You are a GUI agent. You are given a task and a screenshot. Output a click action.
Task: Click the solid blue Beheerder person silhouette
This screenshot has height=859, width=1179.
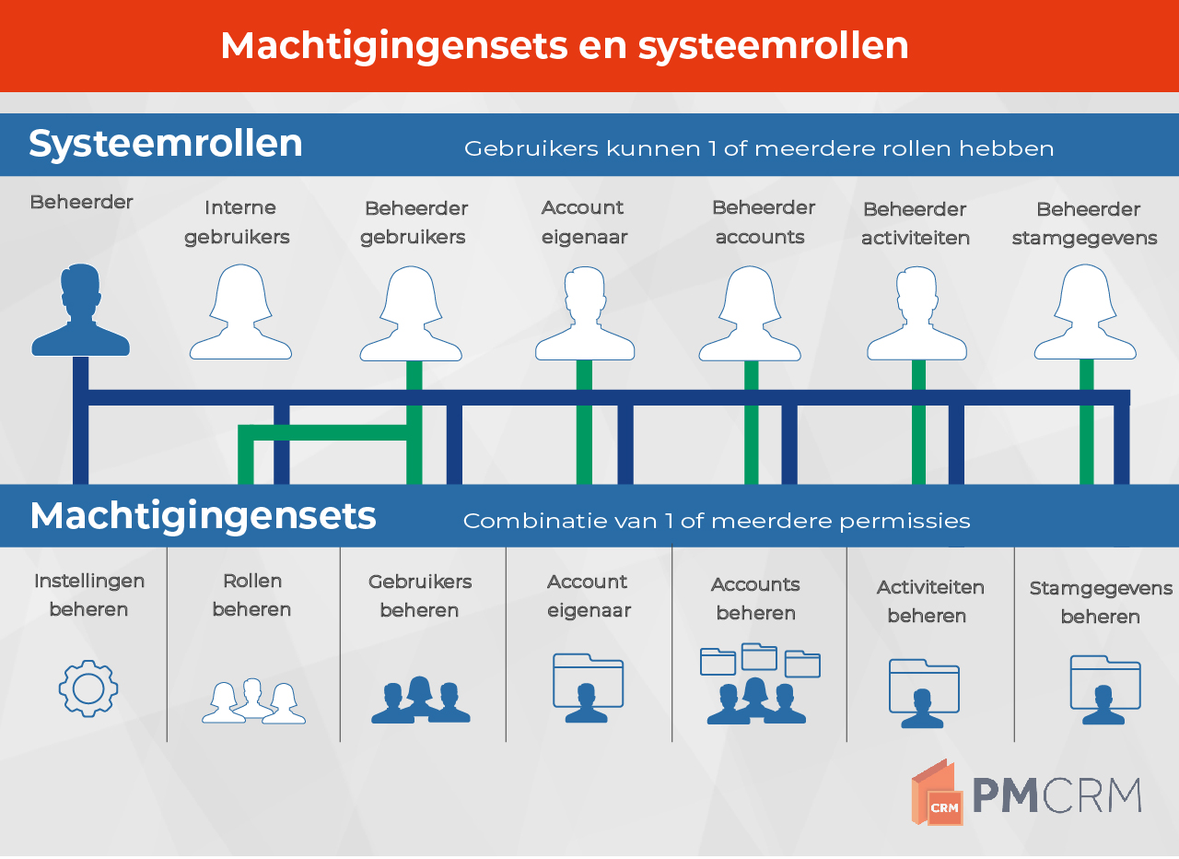click(x=80, y=311)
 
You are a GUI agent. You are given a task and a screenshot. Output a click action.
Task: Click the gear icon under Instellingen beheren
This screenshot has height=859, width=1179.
click(x=88, y=688)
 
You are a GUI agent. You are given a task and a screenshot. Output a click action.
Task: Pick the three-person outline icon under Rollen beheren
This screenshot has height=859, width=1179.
click(x=253, y=701)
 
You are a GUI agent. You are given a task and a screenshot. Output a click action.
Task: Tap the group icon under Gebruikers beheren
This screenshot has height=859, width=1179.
click(x=421, y=700)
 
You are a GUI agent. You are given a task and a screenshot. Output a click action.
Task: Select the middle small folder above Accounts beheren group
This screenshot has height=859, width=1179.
click(x=759, y=656)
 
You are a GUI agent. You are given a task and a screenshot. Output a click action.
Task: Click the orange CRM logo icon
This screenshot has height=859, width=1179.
click(x=938, y=792)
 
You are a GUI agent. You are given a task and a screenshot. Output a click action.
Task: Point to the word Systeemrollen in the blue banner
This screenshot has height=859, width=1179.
click(x=166, y=144)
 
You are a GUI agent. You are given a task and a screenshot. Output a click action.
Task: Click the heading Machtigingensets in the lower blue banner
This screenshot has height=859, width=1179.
click(x=204, y=516)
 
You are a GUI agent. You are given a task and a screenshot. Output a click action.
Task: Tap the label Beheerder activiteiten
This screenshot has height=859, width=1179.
click(x=916, y=223)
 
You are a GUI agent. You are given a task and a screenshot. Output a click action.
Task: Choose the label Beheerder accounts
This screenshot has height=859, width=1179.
click(x=764, y=222)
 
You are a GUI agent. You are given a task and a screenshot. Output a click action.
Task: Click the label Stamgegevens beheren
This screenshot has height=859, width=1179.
click(x=1101, y=602)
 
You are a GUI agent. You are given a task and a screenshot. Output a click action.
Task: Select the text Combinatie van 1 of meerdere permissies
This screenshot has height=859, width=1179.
click(x=717, y=521)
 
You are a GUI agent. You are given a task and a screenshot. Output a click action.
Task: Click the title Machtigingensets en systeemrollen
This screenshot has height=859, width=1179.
click(x=565, y=46)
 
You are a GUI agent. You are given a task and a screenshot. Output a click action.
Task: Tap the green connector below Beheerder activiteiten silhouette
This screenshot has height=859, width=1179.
click(x=918, y=422)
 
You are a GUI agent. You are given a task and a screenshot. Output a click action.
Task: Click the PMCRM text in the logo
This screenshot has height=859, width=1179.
click(x=1056, y=795)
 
